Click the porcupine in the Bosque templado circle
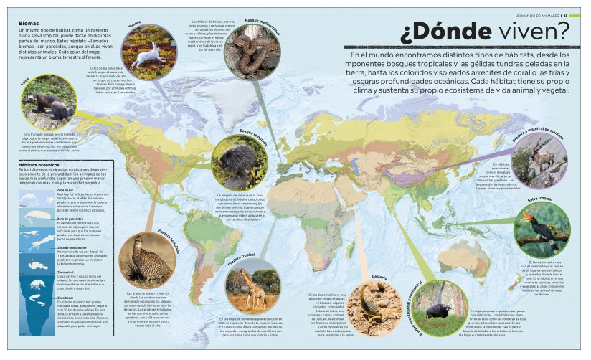click(x=238, y=163)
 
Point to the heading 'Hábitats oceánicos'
click(x=44, y=165)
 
